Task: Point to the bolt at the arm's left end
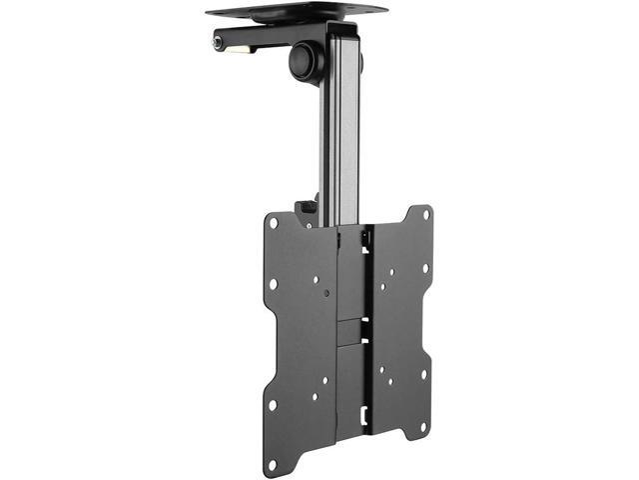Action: (x=218, y=43)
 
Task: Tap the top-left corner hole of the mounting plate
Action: (x=272, y=222)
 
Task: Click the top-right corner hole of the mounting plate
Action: (x=426, y=213)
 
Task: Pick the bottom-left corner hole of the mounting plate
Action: (x=270, y=466)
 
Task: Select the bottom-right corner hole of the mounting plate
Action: (x=424, y=426)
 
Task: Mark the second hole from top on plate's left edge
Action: (x=273, y=284)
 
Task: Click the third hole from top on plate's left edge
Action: (x=271, y=405)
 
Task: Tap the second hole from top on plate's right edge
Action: (x=425, y=268)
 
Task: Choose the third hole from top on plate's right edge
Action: (x=425, y=374)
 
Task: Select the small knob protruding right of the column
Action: (x=359, y=61)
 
